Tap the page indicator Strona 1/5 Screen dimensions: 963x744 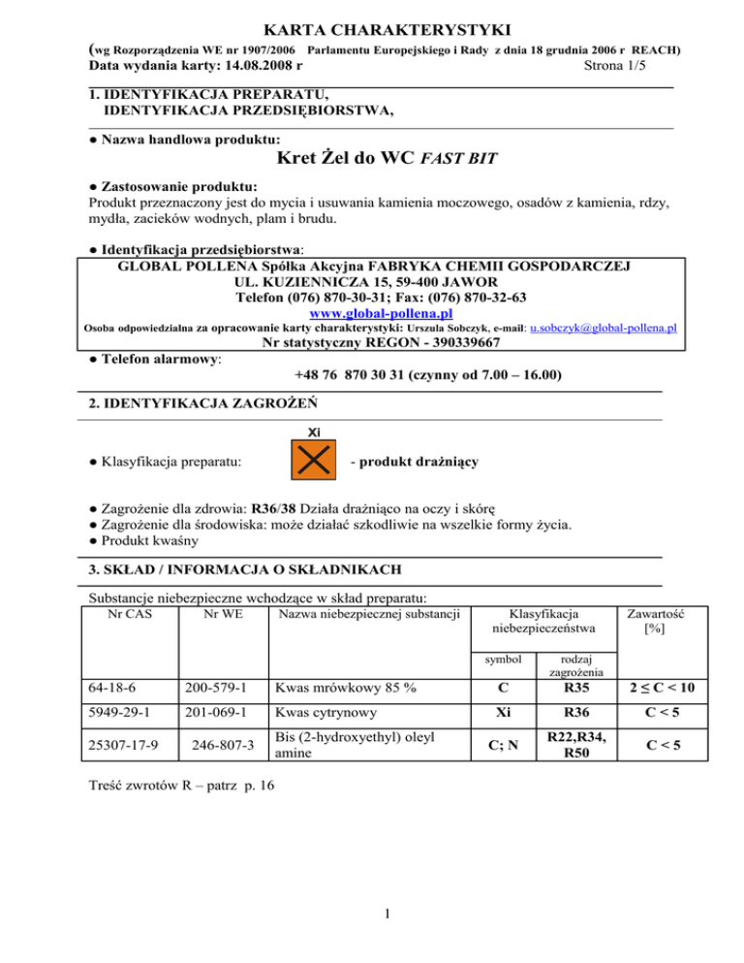tap(618, 67)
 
